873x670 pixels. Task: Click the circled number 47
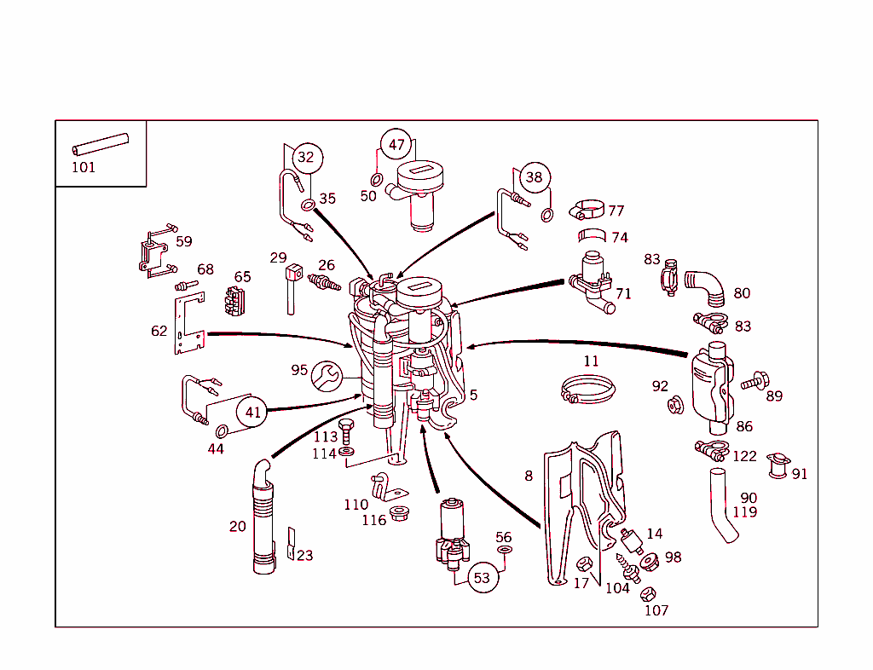(396, 145)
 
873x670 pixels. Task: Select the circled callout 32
(305, 157)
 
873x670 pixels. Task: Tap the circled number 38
(534, 177)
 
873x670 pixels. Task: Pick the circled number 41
(253, 412)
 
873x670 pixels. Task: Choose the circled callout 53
(482, 577)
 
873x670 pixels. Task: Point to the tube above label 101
(100, 142)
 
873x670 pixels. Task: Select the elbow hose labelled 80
(706, 286)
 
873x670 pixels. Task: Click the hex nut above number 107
(648, 593)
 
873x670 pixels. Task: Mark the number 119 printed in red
(744, 512)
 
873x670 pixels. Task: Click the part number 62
(159, 331)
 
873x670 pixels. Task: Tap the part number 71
(623, 293)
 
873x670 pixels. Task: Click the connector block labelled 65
(233, 302)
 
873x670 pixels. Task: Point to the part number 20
(238, 526)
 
